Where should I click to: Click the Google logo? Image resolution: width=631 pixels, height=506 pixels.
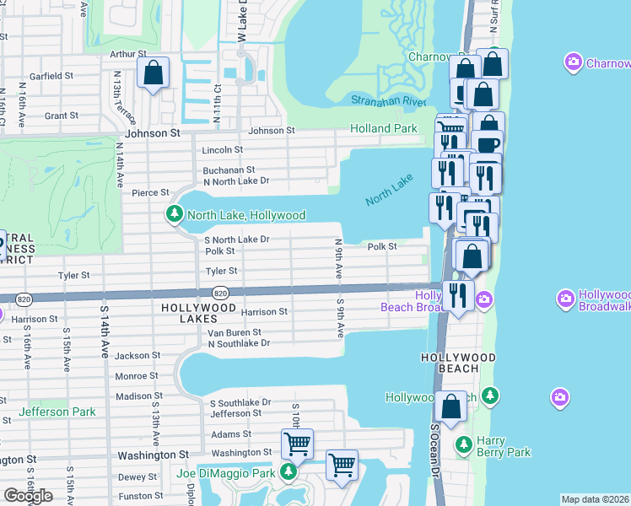click(28, 496)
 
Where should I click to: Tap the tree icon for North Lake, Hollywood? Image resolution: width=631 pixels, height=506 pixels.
click(175, 215)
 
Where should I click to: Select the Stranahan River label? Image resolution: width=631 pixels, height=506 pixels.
click(389, 100)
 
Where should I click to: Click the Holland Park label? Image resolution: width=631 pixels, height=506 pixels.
click(384, 129)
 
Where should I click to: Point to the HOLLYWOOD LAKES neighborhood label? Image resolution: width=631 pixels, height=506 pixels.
click(198, 309)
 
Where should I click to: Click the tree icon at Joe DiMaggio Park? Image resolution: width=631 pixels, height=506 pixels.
click(289, 472)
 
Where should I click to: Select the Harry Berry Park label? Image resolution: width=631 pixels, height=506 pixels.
click(502, 446)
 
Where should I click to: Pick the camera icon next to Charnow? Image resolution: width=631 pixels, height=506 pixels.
click(574, 62)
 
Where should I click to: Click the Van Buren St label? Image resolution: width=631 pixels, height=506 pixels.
click(235, 333)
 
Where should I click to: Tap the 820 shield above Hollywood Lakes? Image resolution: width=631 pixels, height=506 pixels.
click(220, 293)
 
